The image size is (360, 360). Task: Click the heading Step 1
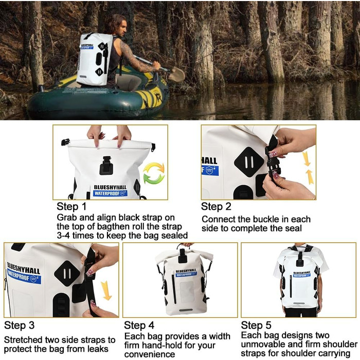click(71, 206)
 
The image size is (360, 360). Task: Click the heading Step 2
click(216, 206)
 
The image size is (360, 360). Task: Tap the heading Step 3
click(20, 326)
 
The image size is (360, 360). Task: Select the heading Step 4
click(139, 326)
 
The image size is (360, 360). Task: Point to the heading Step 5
click(256, 326)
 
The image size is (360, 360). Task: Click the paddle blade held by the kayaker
click(176, 75)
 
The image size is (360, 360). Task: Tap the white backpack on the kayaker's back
click(94, 59)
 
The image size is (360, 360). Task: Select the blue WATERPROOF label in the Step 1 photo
click(110, 193)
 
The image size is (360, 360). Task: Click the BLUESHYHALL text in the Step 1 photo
click(110, 187)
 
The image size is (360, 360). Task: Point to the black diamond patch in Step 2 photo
click(249, 162)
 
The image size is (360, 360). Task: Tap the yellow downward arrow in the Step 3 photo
click(106, 291)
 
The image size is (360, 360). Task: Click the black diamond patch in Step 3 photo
click(67, 273)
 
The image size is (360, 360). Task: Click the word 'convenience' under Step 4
click(150, 354)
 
